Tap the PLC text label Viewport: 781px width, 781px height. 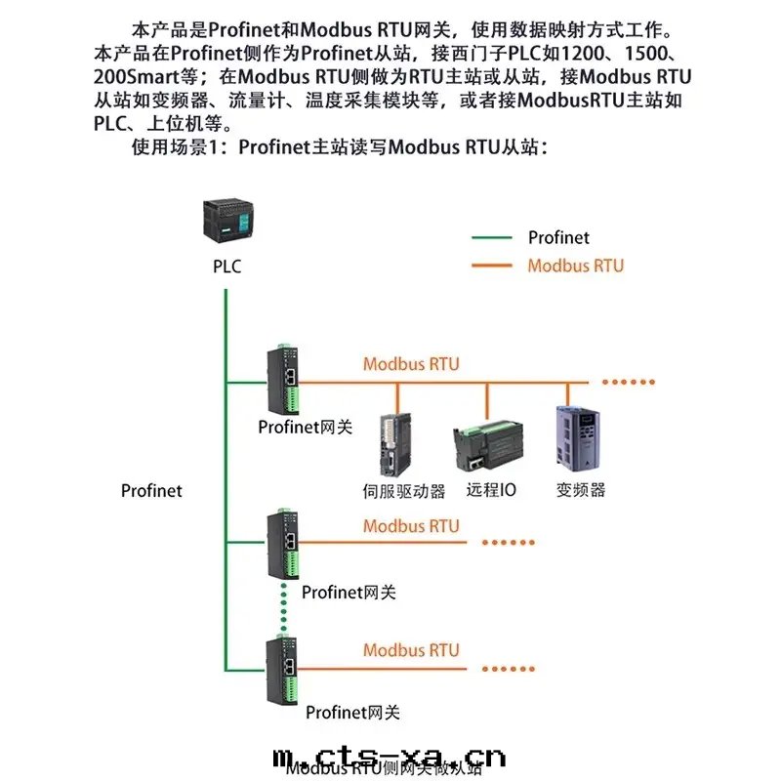tap(226, 267)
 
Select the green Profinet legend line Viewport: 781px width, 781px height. tap(491, 237)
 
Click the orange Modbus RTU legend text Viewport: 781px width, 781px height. tap(575, 266)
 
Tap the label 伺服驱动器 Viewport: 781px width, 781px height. tap(403, 490)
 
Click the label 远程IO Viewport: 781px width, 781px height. tap(491, 490)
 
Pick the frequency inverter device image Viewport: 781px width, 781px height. tap(574, 440)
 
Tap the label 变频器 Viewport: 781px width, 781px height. tap(581, 490)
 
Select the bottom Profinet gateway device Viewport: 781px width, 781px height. tap(284, 668)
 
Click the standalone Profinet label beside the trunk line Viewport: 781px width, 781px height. tap(151, 491)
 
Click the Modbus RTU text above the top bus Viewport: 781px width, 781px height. tap(411, 364)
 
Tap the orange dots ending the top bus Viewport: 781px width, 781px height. tap(628, 382)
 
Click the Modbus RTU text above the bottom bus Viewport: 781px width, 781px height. tap(411, 650)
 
